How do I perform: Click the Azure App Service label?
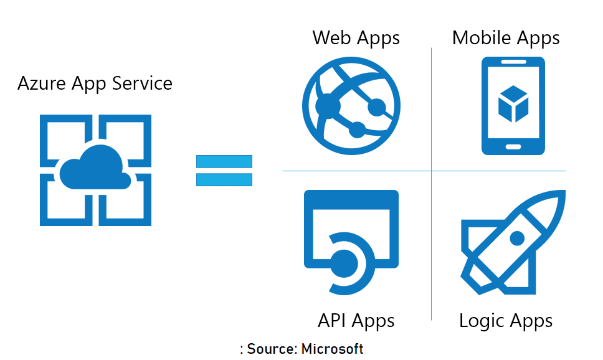[x=95, y=83]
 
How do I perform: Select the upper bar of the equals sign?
[x=224, y=161]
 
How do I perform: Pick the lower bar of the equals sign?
[x=224, y=179]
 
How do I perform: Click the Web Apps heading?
[x=356, y=38]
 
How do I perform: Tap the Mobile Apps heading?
[x=506, y=38]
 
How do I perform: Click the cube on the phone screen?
[x=513, y=103]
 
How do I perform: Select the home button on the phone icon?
[x=513, y=147]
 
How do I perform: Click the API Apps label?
[x=356, y=321]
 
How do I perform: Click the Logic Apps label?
[x=506, y=321]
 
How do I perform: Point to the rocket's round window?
[x=517, y=238]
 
